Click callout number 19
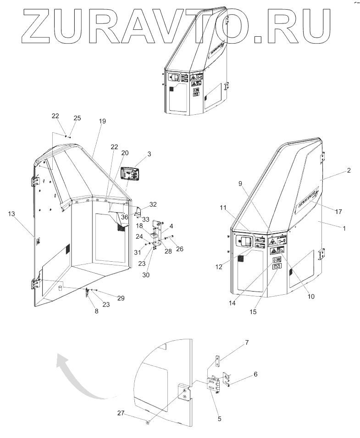coord(102,121)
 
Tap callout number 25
coord(77,118)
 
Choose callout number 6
coord(255,374)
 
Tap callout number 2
coord(349,170)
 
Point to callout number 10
coord(311,297)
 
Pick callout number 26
coord(179,249)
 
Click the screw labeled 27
coord(146,421)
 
